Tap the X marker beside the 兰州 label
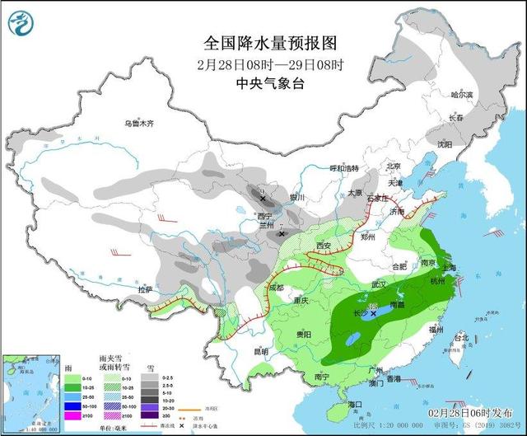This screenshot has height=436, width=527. [282, 234]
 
